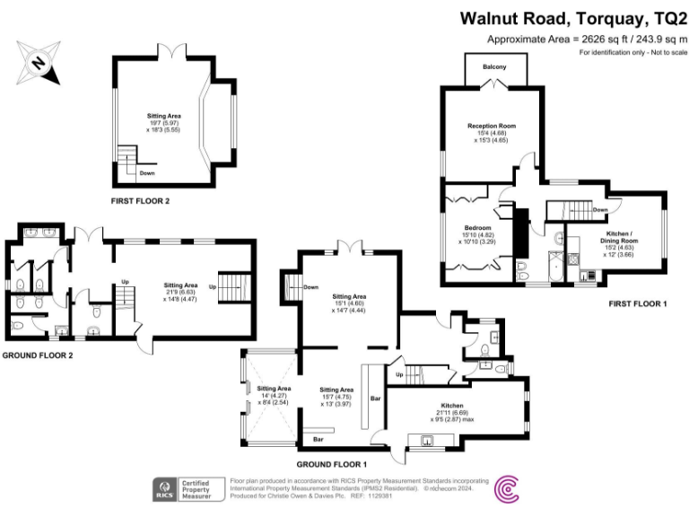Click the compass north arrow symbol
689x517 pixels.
pos(38,62)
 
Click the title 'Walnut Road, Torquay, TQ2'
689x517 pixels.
pos(573,18)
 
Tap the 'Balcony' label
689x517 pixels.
pos(494,67)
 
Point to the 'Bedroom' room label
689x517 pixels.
pos(476,228)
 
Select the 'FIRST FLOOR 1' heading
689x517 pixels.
pos(638,303)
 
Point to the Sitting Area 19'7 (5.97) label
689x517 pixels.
pos(163,116)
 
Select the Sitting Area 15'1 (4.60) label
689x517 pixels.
pos(349,295)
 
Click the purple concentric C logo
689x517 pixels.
pos(507,489)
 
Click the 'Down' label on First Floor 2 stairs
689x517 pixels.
pos(146,173)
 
